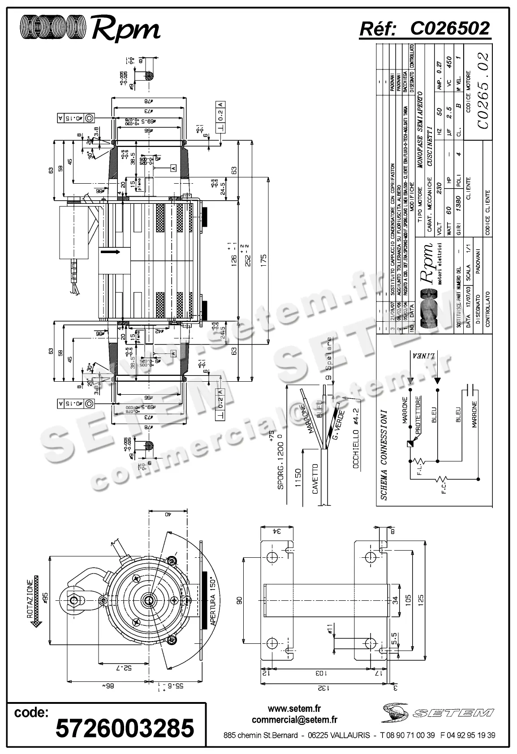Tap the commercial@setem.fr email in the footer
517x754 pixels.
(294, 720)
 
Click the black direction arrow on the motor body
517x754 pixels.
(111, 253)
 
